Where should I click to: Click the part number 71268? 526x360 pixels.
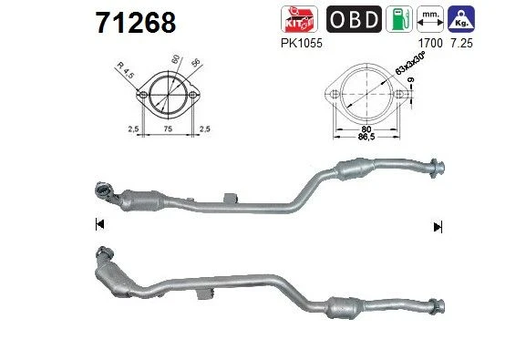point(136,23)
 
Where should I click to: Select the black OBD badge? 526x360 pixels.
point(354,19)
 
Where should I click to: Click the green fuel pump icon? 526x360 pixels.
point(399,19)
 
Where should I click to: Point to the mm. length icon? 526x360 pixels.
point(430,19)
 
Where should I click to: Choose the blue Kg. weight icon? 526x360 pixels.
point(461,19)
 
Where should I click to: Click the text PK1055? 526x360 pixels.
point(302,43)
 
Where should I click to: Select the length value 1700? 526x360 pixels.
point(430,43)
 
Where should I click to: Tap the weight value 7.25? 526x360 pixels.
point(461,43)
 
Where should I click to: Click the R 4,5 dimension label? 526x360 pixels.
point(125,70)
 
